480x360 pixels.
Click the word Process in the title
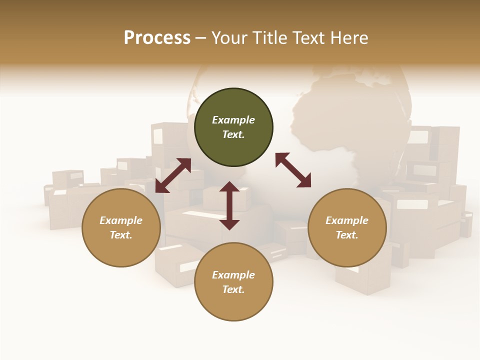(157, 38)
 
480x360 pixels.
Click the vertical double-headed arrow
(229, 205)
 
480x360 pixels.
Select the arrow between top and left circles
(173, 175)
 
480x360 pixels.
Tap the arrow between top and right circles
(293, 170)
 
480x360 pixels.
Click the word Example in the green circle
(233, 120)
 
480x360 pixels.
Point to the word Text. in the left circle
(121, 235)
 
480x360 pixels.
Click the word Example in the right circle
(347, 220)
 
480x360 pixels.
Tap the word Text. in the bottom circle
(233, 289)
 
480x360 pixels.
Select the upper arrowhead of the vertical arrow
(229, 187)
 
